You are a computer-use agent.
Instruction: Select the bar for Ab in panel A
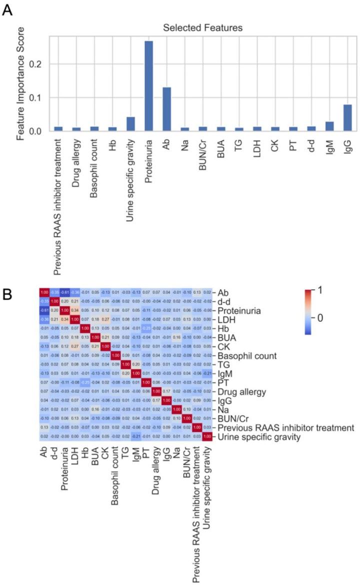tap(166, 110)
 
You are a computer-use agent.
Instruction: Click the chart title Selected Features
tap(202, 28)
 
